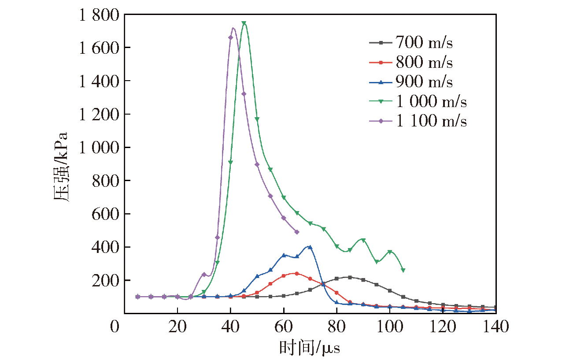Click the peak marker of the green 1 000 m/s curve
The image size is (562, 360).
coord(244,23)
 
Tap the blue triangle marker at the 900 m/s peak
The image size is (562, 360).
coord(310,247)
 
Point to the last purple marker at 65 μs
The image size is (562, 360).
coord(297,232)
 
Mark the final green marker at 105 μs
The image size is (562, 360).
coord(403,270)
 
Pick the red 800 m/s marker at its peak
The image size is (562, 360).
coord(297,274)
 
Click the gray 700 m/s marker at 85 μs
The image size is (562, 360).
coord(350,277)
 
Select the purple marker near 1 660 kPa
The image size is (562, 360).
coord(230,37)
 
